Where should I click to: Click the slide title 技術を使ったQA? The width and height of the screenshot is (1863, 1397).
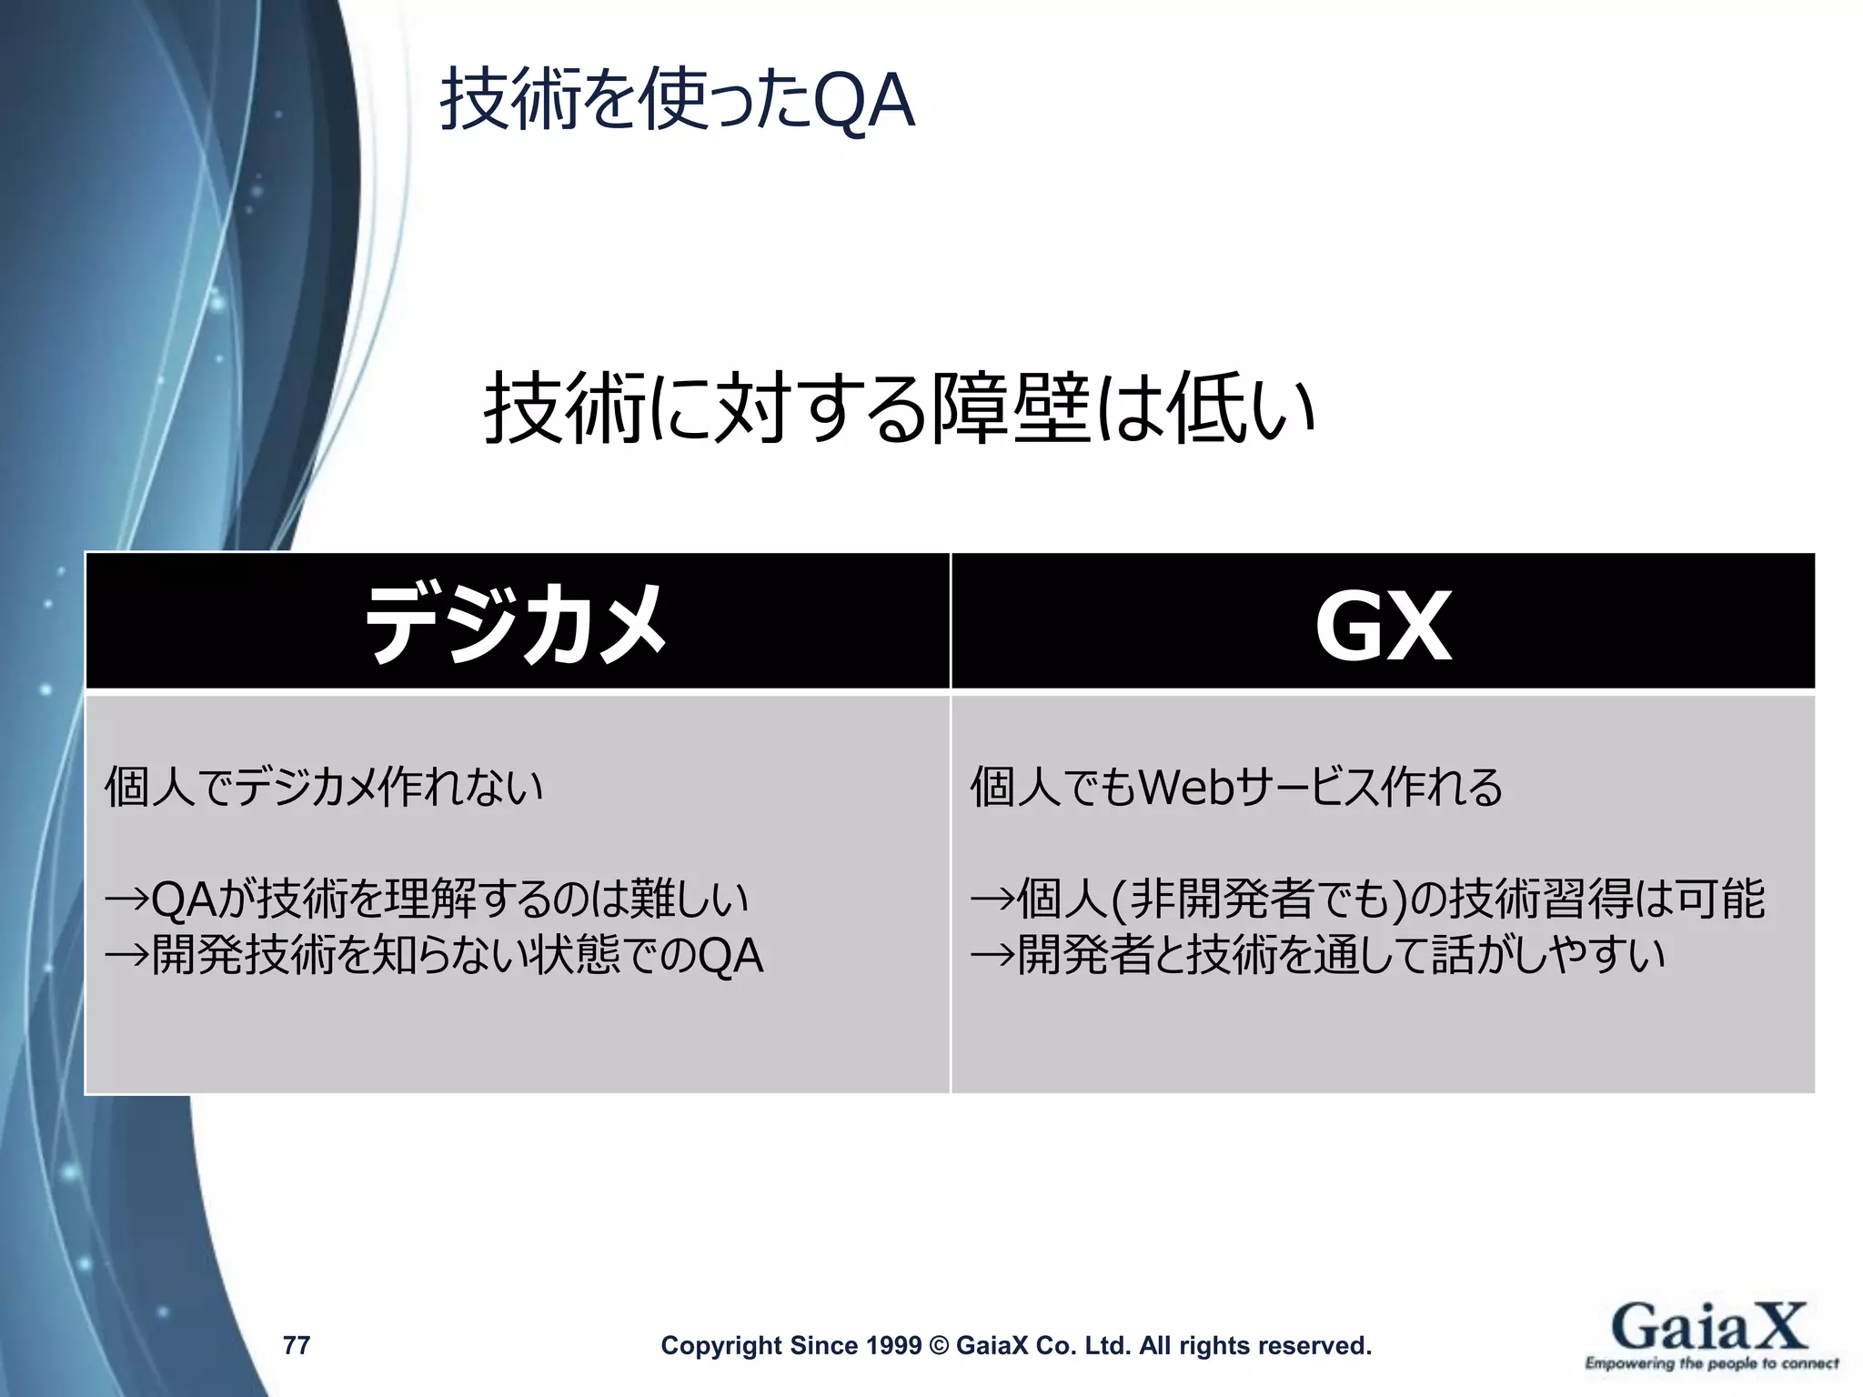tap(677, 101)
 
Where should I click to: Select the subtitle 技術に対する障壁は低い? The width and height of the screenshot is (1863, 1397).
tap(899, 409)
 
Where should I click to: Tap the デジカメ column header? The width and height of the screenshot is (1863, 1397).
tap(516, 624)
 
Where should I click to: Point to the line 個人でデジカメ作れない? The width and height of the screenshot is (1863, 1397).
tap(324, 788)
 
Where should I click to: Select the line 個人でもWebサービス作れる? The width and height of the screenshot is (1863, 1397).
tap(1236, 788)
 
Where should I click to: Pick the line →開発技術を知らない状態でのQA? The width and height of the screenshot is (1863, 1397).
tap(434, 956)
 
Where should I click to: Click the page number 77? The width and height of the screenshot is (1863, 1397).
tap(297, 1345)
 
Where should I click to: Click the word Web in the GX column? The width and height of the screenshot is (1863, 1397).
tap(1187, 788)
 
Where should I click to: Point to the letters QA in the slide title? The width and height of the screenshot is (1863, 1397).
tap(863, 102)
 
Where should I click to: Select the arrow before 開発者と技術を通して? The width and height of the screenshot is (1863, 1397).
tap(992, 956)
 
